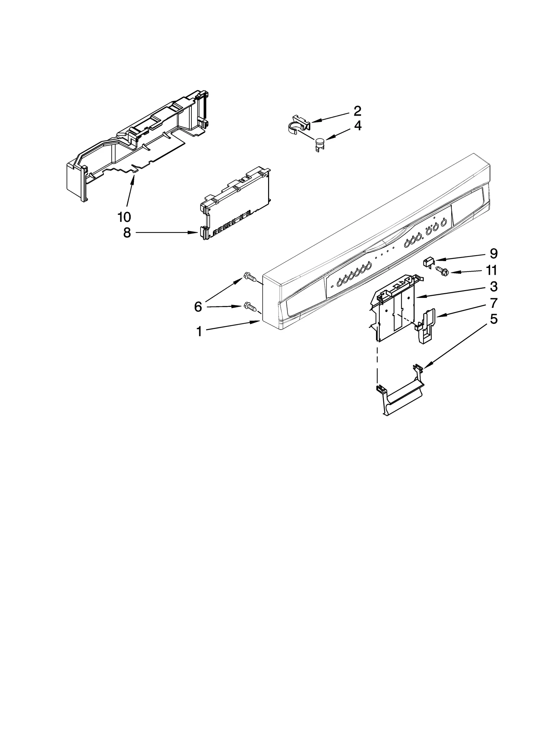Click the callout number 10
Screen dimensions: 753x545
point(124,216)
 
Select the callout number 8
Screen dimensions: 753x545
point(127,233)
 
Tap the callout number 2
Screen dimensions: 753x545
point(357,111)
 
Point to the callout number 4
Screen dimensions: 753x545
point(357,126)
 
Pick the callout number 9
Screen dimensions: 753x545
point(493,254)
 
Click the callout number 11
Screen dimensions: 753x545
point(491,270)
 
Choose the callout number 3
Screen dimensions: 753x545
point(494,287)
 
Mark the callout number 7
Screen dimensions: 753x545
point(494,303)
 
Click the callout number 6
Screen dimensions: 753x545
point(198,307)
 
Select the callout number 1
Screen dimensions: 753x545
point(199,331)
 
